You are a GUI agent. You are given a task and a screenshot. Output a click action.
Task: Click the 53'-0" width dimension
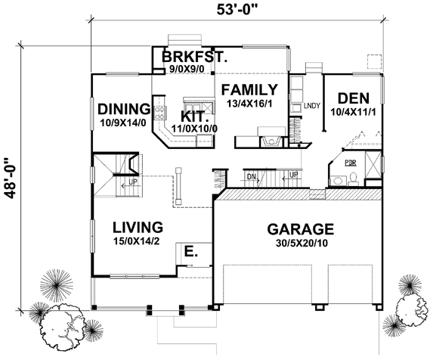(237, 10)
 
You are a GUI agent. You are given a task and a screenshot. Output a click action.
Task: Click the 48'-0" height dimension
(11, 178)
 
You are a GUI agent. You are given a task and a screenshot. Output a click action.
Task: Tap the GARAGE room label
(301, 229)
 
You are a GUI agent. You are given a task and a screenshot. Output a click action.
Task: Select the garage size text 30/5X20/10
(302, 243)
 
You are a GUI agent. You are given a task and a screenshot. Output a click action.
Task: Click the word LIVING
(138, 228)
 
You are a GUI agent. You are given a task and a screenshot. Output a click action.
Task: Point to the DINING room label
(124, 109)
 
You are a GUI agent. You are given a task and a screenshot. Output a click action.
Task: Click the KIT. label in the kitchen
(194, 116)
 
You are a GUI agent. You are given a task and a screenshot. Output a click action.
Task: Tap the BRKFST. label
(194, 57)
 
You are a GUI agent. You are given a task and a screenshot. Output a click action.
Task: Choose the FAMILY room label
(249, 90)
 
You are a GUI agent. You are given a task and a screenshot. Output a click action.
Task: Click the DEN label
(354, 98)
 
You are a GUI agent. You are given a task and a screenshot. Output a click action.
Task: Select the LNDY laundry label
(312, 106)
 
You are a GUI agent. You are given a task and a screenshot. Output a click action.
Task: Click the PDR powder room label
(351, 163)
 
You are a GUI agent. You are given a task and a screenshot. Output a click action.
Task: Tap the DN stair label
(251, 177)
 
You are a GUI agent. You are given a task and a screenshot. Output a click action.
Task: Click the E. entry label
(191, 252)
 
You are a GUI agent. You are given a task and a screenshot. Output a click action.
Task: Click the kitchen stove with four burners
(160, 113)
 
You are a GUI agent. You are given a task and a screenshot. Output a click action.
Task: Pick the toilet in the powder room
(353, 178)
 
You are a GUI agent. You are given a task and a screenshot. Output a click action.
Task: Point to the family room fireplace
(271, 141)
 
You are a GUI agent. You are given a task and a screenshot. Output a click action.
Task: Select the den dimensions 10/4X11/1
(353, 112)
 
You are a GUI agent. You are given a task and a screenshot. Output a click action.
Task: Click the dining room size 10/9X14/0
(123, 123)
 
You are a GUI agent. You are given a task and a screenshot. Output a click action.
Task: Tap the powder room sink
(337, 181)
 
